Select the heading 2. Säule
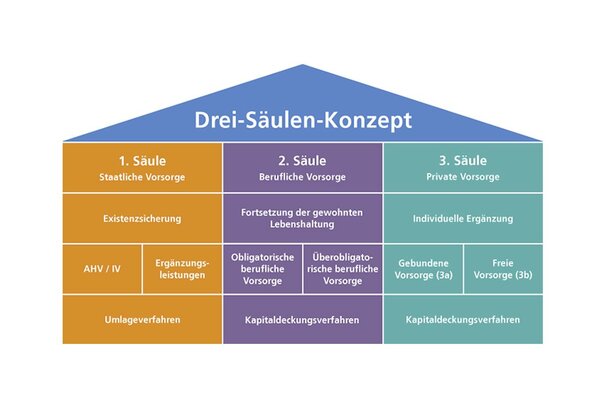302,159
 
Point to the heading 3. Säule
462,159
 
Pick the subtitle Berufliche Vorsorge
302,177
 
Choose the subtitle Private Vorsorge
462,177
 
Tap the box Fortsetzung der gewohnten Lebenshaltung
302,218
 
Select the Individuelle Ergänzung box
462,218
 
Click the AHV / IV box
101,269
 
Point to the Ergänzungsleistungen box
181,269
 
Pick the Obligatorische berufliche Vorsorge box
262,269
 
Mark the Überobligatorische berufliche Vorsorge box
342,269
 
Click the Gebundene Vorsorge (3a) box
422,269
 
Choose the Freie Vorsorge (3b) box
503,269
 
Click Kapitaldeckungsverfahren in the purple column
302,320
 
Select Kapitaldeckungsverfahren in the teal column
462,320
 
